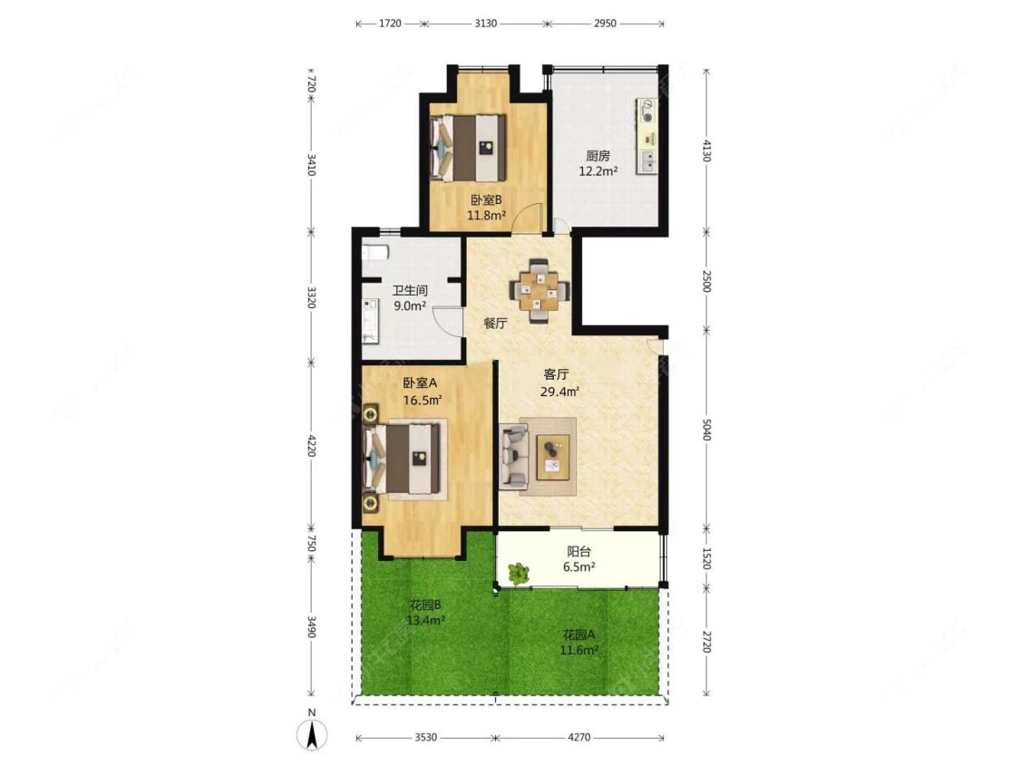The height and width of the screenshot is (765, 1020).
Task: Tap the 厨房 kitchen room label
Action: [597, 156]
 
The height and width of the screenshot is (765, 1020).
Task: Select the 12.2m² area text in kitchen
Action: [598, 171]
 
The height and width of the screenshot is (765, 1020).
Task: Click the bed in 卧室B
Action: [469, 148]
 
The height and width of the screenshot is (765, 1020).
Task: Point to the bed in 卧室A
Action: [404, 460]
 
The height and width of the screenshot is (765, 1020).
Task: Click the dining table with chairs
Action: [539, 291]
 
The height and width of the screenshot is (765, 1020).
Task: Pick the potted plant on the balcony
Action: [519, 573]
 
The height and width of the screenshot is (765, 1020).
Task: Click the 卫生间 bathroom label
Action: [410, 291]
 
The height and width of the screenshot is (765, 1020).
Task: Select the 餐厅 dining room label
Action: [496, 324]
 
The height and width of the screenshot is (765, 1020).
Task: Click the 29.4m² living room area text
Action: [560, 392]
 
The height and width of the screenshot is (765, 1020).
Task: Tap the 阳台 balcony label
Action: [579, 552]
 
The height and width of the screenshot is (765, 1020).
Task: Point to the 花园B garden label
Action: [426, 605]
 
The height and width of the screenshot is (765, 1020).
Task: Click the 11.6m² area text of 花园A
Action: [579, 649]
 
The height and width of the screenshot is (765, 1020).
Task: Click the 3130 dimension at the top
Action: [485, 24]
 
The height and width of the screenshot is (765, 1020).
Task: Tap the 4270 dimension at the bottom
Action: [579, 737]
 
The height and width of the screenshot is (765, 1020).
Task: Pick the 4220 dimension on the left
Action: [311, 446]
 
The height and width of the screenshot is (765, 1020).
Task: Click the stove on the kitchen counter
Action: [646, 111]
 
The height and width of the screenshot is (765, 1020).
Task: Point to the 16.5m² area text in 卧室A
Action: [423, 400]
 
